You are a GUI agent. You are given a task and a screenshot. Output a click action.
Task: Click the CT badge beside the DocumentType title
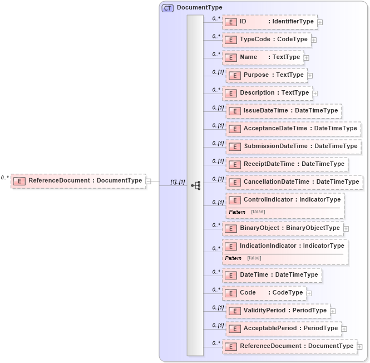tap(167, 8)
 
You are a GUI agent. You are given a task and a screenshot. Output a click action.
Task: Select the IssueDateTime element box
tap(283, 111)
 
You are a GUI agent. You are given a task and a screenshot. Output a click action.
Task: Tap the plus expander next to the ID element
tap(320, 22)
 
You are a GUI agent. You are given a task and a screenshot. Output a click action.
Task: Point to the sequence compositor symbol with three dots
tap(195, 185)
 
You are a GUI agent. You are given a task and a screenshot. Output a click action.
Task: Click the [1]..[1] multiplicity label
tap(177, 182)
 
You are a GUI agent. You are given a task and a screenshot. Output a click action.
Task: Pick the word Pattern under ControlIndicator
tap(237, 212)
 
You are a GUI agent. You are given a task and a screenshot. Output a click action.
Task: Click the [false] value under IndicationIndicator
tap(254, 258)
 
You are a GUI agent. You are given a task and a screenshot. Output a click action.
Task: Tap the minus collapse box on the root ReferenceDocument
tap(149, 181)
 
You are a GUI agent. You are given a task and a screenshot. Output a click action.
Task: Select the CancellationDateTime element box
tap(294, 182)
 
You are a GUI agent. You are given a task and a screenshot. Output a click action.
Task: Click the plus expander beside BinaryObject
tap(346, 228)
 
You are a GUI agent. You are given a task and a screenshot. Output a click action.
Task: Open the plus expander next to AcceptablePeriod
tap(344, 328)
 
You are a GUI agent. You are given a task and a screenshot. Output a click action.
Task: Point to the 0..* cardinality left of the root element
tap(5, 178)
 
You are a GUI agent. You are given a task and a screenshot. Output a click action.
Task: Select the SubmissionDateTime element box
tap(293, 146)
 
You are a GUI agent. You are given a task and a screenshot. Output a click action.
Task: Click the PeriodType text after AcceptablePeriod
tap(320, 328)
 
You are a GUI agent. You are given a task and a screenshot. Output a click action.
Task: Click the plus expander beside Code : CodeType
tap(309, 293)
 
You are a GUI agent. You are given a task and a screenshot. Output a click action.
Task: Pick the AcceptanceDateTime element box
tap(293, 129)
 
